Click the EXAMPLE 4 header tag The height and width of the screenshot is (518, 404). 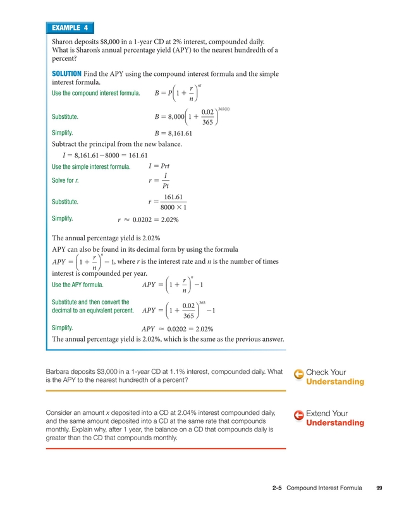click(x=70, y=28)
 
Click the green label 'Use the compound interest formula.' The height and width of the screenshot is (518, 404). click(x=95, y=94)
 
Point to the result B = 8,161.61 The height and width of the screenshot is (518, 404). click(x=173, y=133)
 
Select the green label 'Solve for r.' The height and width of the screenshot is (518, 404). click(x=64, y=180)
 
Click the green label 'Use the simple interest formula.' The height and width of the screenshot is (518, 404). click(x=91, y=167)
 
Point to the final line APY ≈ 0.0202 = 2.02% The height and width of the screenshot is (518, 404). click(x=177, y=329)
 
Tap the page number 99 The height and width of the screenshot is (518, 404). click(x=379, y=488)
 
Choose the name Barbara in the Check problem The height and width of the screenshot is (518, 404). click(x=60, y=371)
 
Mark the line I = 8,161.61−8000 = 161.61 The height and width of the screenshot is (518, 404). click(x=104, y=155)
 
